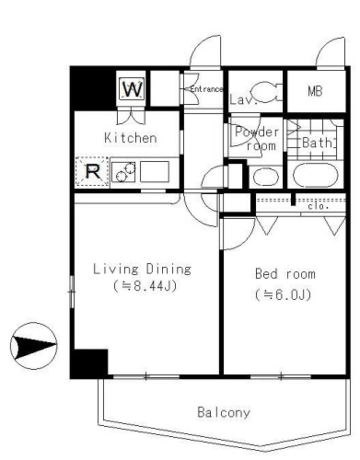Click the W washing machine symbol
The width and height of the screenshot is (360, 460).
132,89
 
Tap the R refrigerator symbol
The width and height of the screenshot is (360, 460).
93,172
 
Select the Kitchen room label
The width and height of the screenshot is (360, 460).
131,138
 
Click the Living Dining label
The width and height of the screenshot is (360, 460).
142,269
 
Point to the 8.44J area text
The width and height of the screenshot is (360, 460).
145,286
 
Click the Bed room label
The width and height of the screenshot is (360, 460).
285,274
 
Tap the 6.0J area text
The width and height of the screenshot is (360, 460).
283,295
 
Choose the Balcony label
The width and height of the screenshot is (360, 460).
224,412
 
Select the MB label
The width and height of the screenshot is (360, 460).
315,91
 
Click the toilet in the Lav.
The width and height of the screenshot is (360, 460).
267,92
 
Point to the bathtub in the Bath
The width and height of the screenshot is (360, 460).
316,175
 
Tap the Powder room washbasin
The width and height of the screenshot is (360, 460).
266,177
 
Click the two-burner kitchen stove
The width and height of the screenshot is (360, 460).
123,172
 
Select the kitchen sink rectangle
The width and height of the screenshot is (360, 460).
155,172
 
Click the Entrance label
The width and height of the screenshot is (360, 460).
206,89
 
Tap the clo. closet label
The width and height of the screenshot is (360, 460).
318,206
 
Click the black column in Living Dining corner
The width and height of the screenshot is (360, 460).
89,363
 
